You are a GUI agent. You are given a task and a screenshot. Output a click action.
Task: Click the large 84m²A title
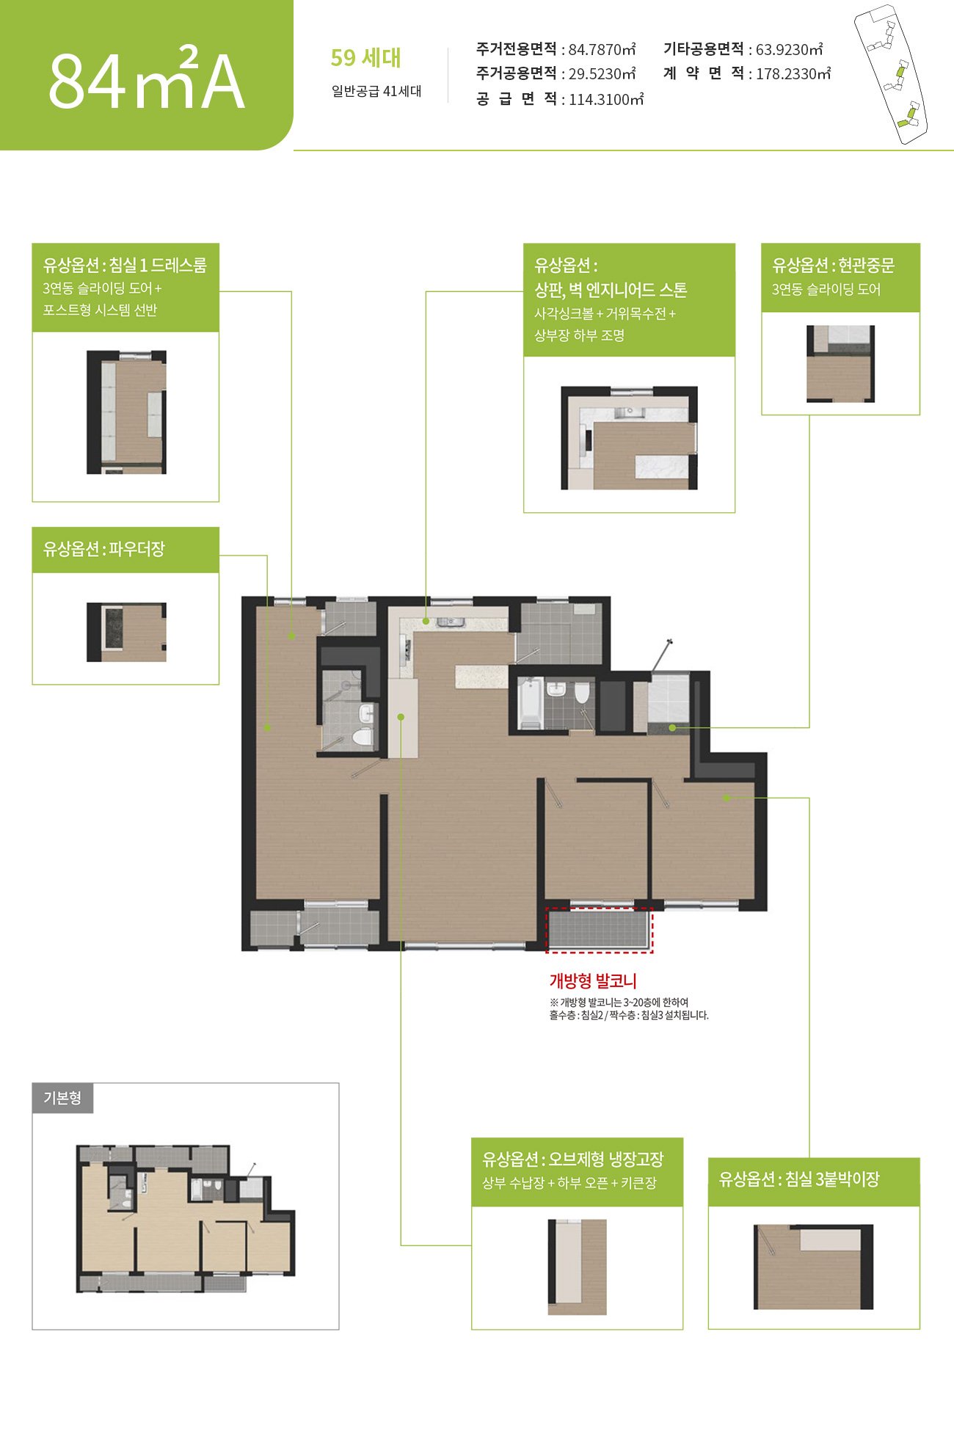coord(146,79)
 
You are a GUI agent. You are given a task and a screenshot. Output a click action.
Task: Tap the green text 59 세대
coord(365,58)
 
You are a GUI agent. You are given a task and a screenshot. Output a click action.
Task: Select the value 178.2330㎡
coord(793,73)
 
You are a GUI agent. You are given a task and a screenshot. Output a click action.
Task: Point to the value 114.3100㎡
coord(606,100)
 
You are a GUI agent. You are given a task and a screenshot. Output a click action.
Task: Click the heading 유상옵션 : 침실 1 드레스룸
coord(125,265)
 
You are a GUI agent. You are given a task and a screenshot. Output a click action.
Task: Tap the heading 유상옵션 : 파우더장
coord(104,548)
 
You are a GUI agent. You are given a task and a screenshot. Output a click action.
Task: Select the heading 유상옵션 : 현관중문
coord(833,265)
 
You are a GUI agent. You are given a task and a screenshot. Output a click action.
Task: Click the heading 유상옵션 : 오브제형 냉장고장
coord(573,1159)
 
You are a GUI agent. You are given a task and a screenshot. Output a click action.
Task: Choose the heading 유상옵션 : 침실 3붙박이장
coord(799,1179)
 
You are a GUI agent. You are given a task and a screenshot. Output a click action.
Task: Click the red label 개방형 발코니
coord(593,981)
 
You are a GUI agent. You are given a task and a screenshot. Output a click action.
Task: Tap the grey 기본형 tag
coord(62,1099)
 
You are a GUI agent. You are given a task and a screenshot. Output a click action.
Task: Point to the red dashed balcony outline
coord(600,930)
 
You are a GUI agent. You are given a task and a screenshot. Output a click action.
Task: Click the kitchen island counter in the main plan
coord(481,676)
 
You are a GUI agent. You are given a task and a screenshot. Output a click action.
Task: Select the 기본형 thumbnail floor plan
coord(186,1218)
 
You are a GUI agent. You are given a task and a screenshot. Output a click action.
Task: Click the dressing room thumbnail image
coord(126,412)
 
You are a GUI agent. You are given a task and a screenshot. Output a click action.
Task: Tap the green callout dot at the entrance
coord(672,728)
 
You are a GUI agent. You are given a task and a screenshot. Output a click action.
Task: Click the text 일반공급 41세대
coord(376,91)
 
